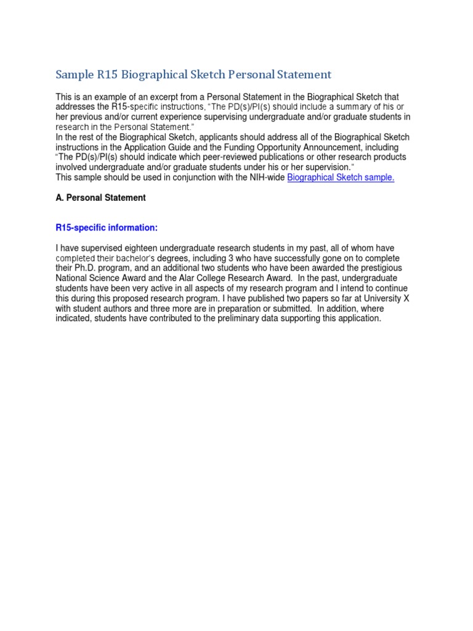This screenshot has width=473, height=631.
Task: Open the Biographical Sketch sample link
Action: pyautogui.click(x=341, y=177)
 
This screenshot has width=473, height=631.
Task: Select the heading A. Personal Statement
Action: pyautogui.click(x=100, y=198)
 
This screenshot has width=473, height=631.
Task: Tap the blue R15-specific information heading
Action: pyautogui.click(x=107, y=228)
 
